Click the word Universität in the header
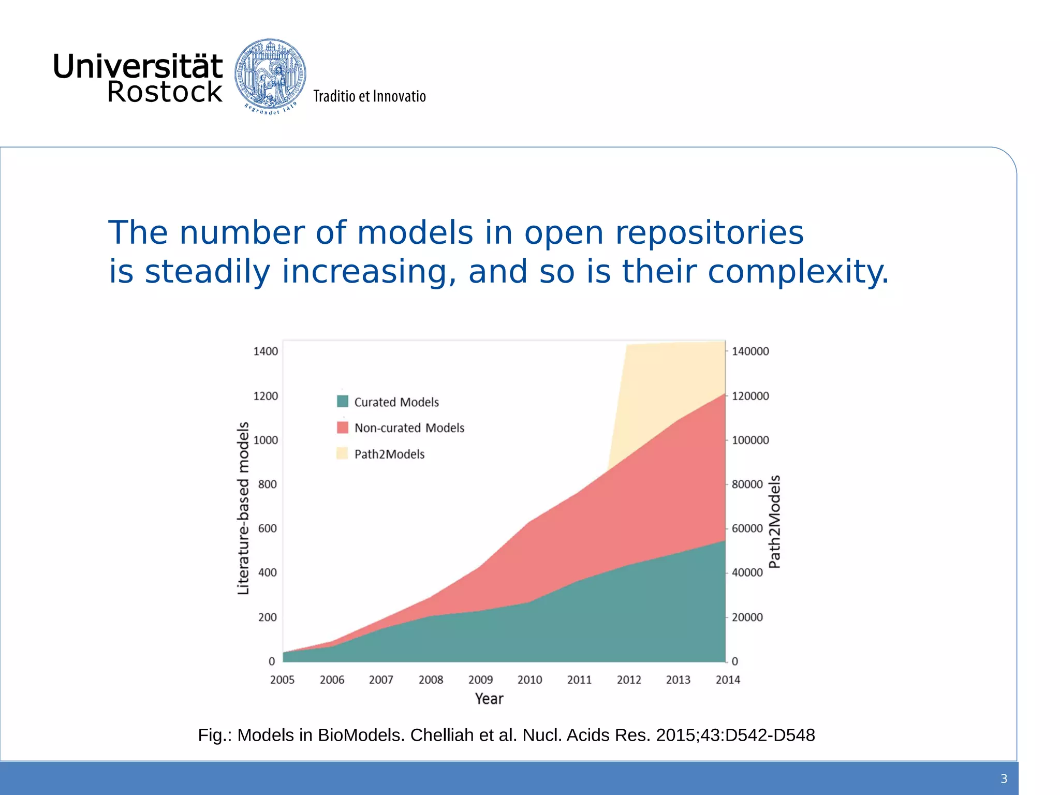click(138, 66)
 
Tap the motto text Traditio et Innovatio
click(369, 96)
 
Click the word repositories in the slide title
click(709, 233)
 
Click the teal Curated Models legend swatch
click(342, 401)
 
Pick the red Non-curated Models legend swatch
click(342, 428)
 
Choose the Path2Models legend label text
click(389, 454)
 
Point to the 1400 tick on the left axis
click(266, 351)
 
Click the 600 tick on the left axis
click(268, 528)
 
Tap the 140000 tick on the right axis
click(750, 351)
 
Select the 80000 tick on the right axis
click(747, 484)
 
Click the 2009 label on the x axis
click(480, 680)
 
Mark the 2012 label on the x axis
click(629, 680)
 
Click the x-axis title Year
click(489, 699)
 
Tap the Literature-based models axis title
click(243, 508)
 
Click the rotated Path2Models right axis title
click(774, 522)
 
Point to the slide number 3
click(1004, 778)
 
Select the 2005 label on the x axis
click(282, 680)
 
